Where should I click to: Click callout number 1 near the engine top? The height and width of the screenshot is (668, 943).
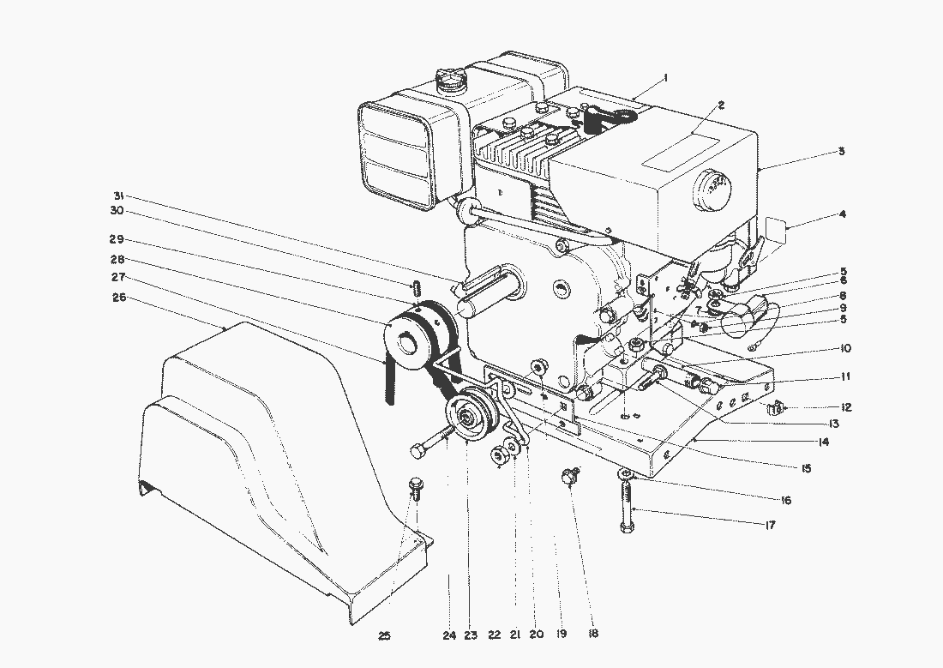pyautogui.click(x=666, y=78)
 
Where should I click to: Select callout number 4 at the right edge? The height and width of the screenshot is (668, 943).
pyautogui.click(x=843, y=214)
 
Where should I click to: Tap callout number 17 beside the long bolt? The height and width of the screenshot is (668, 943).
pyautogui.click(x=770, y=526)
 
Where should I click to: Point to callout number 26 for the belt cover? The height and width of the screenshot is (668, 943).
pyautogui.click(x=119, y=297)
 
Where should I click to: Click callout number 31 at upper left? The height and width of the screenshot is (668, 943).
pyautogui.click(x=118, y=195)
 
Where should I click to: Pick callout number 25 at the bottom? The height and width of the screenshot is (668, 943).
pyautogui.click(x=384, y=635)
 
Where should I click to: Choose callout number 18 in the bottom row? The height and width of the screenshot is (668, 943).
pyautogui.click(x=593, y=634)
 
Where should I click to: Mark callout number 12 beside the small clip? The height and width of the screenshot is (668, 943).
pyautogui.click(x=846, y=407)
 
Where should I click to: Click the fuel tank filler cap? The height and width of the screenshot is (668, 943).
pyautogui.click(x=450, y=81)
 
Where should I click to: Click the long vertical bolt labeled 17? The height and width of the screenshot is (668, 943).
pyautogui.click(x=627, y=503)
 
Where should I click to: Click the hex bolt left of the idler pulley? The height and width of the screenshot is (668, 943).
pyautogui.click(x=430, y=442)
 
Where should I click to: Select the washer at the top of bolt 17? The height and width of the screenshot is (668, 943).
pyautogui.click(x=626, y=473)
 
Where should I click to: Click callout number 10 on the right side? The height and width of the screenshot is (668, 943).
pyautogui.click(x=846, y=348)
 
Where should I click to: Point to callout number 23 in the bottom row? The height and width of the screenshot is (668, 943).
pyautogui.click(x=471, y=635)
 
